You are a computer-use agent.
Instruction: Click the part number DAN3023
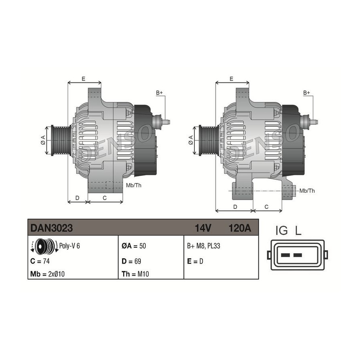(52, 228)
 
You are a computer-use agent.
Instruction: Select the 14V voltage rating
(203, 228)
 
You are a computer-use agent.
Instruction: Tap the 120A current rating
(240, 228)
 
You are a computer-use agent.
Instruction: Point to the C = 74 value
(40, 261)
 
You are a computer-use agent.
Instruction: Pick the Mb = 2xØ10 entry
(47, 274)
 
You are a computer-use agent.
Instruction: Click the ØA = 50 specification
(134, 246)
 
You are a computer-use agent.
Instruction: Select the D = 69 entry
(131, 261)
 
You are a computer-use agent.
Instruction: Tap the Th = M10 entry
(135, 274)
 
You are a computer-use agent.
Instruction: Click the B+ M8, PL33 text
(204, 246)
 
